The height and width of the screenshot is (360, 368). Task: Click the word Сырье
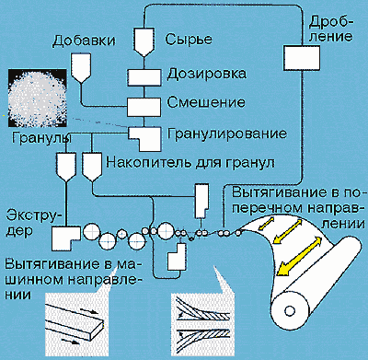pyautogui.click(x=189, y=40)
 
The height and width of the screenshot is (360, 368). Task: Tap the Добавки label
pyautogui.click(x=84, y=41)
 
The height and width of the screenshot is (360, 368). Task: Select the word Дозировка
pyautogui.click(x=206, y=74)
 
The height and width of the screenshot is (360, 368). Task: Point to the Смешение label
pyautogui.click(x=206, y=102)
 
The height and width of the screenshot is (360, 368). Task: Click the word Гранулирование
pyautogui.click(x=227, y=134)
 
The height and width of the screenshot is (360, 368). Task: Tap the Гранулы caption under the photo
pyautogui.click(x=41, y=138)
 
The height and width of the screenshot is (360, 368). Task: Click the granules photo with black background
pyautogui.click(x=38, y=98)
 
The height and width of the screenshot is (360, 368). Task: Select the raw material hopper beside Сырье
pyautogui.click(x=144, y=42)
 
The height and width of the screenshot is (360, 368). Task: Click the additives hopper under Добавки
pyautogui.click(x=81, y=67)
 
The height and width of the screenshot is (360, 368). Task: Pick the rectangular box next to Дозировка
pyautogui.click(x=144, y=77)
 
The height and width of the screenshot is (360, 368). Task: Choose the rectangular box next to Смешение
pyautogui.click(x=144, y=107)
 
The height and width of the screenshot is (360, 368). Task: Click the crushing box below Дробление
pyautogui.click(x=302, y=58)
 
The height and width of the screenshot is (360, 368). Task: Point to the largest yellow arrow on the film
pyautogui.click(x=299, y=256)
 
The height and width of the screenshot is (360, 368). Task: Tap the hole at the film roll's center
pyautogui.click(x=289, y=311)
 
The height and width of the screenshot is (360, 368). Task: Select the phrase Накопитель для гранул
pyautogui.click(x=190, y=163)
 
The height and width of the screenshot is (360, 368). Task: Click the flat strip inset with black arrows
pyautogui.click(x=75, y=323)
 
